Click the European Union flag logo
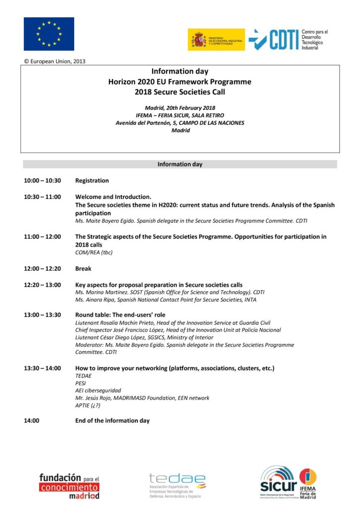pyautogui.click(x=49, y=34)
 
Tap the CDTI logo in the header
pyautogui.click(x=288, y=39)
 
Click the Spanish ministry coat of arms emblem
pyautogui.click(x=197, y=40)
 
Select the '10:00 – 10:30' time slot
pyautogui.click(x=42, y=180)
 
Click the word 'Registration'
pyautogui.click(x=92, y=180)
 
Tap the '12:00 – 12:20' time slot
pyautogui.click(x=42, y=268)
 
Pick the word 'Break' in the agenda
pyautogui.click(x=83, y=268)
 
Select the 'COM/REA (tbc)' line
pyautogui.click(x=94, y=253)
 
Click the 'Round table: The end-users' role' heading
pyautogui.click(x=120, y=315)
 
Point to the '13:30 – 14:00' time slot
pyautogui.click(x=42, y=368)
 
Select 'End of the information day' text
pyautogui.click(x=112, y=421)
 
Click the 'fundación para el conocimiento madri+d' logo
pyautogui.click(x=69, y=486)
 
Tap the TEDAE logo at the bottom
pyautogui.click(x=177, y=485)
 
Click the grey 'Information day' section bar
pyautogui.click(x=180, y=164)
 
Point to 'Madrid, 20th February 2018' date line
pyautogui.click(x=180, y=108)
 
